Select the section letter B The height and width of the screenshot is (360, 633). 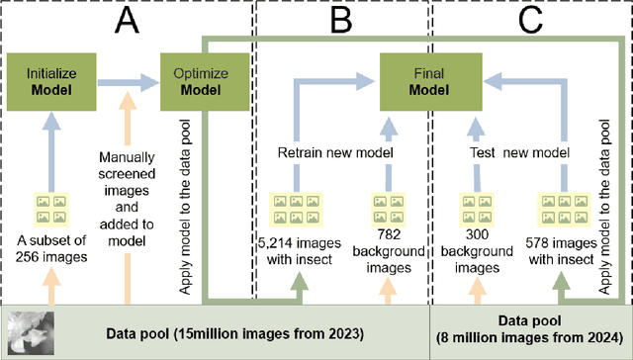pos(339,21)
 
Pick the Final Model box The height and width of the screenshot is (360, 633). pos(423,80)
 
